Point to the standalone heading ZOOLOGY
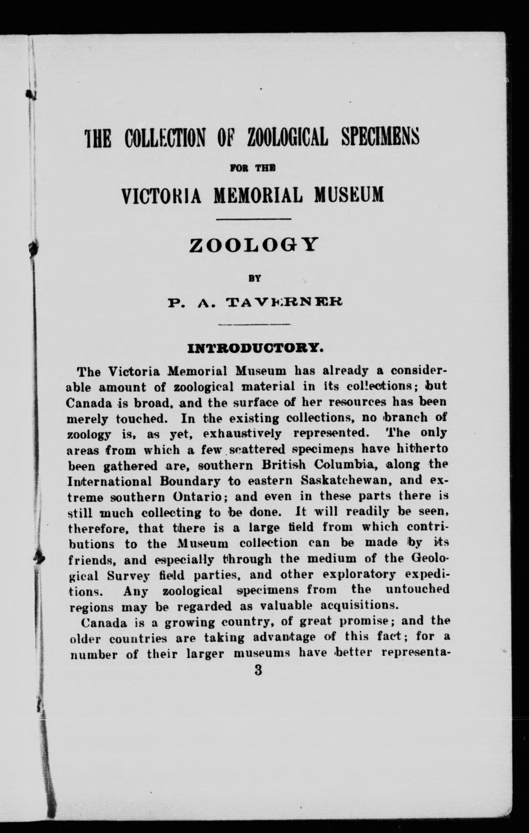(253, 245)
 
